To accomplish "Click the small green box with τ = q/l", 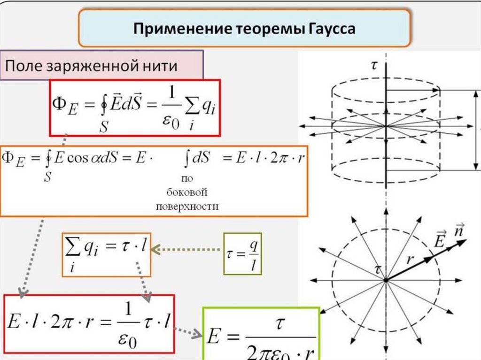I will (242, 254).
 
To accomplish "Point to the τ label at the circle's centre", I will (377, 269).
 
